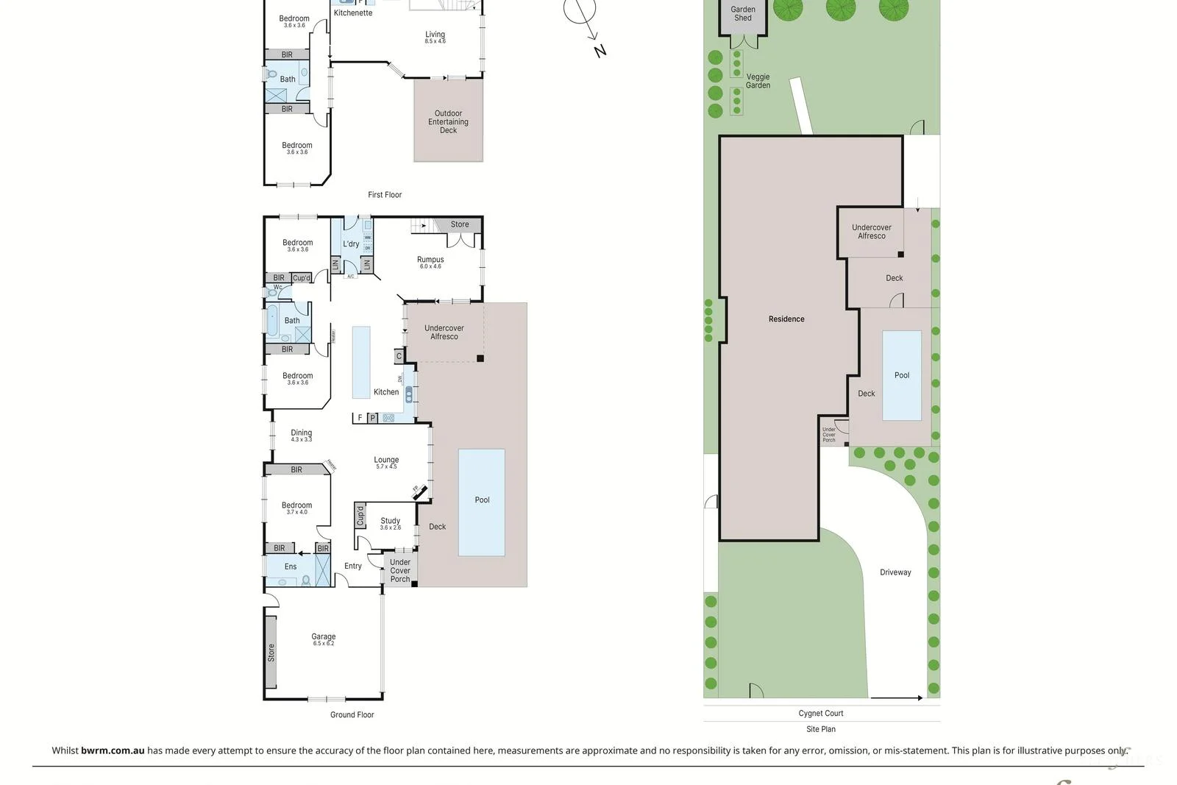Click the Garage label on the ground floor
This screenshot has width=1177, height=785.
(x=323, y=637)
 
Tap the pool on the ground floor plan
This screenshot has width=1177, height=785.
(x=482, y=501)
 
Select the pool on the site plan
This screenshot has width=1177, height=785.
(x=902, y=375)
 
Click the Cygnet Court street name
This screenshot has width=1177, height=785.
(x=821, y=713)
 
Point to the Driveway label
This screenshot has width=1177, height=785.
(x=895, y=572)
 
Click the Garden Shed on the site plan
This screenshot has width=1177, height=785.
(x=743, y=14)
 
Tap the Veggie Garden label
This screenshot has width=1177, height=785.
(x=758, y=81)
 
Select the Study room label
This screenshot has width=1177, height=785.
(x=391, y=521)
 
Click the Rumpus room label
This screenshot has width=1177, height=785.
(x=430, y=260)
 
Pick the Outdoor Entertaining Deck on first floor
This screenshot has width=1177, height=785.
(x=448, y=122)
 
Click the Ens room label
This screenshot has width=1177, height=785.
(x=291, y=566)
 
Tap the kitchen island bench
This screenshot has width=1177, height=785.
(x=361, y=362)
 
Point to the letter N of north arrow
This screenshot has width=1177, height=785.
(x=600, y=51)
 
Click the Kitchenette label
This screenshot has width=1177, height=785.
(x=353, y=13)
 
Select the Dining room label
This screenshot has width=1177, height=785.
(x=301, y=433)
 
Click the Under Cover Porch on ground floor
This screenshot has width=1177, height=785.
(x=400, y=571)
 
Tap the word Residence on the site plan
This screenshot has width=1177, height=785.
(x=786, y=319)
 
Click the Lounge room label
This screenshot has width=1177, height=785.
(x=386, y=460)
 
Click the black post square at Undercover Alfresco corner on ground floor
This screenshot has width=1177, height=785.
(x=480, y=358)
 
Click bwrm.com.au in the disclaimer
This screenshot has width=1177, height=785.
(x=113, y=750)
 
